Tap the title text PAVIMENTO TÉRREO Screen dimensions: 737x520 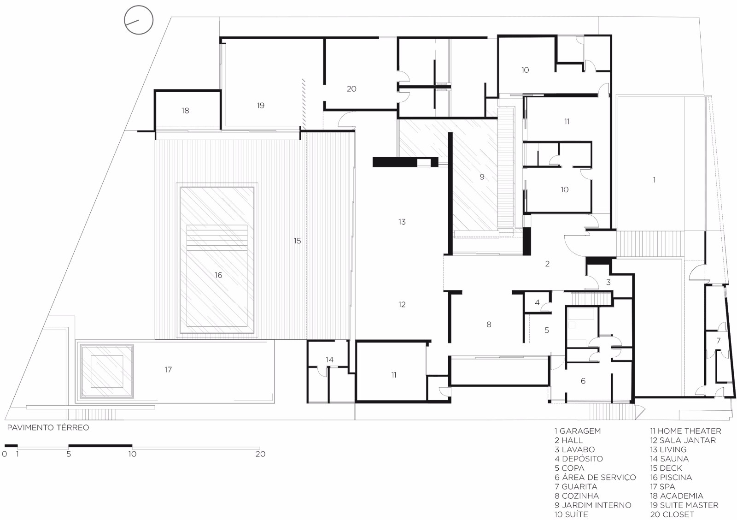pos(48,428)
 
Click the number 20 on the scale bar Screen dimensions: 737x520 pos(260,454)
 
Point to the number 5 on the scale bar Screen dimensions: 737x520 pos(69,454)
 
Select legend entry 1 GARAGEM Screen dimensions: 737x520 pos(578,431)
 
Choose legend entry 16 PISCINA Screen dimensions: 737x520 pos(671,477)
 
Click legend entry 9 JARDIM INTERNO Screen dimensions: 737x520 pos(593,505)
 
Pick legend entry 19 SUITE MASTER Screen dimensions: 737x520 pos(684,505)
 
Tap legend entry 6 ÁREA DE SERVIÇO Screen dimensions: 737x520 pos(595,477)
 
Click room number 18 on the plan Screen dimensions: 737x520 pos(185,111)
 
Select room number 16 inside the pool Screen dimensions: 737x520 pos(218,275)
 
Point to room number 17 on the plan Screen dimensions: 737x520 pos(168,370)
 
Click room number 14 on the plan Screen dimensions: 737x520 pos(329,360)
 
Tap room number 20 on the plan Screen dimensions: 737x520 pos(351,89)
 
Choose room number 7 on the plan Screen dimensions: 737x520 pos(718,341)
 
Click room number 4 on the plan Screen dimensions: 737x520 pos(537,302)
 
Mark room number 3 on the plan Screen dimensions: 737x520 pos(608,282)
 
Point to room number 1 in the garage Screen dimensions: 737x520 pos(654,180)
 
